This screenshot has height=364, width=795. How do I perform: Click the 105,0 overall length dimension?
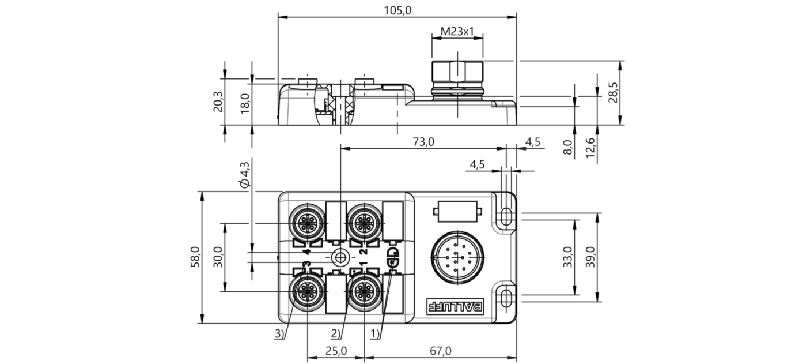tap(397, 10)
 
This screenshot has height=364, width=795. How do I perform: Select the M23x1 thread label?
tap(457, 32)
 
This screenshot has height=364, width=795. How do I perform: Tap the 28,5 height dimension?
tap(613, 93)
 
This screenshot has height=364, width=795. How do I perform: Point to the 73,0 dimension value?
tap(423, 142)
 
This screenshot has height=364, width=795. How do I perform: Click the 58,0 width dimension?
tap(195, 257)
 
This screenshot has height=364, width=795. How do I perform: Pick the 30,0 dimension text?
tap(218, 257)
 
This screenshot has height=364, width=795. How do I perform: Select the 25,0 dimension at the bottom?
tap(336, 351)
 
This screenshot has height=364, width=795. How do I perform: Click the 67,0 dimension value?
tap(441, 351)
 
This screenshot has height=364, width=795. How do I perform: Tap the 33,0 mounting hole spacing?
tap(568, 257)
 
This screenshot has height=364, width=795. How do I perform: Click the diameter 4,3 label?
tap(245, 174)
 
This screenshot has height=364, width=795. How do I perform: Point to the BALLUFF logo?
tap(455, 306)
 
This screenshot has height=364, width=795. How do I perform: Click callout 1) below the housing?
tap(376, 334)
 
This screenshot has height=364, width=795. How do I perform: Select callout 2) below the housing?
tap(336, 334)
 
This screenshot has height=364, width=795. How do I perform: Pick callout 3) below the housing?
tap(279, 334)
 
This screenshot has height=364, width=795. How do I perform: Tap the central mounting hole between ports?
tap(340, 257)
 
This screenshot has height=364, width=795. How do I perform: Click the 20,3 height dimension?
tap(218, 102)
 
